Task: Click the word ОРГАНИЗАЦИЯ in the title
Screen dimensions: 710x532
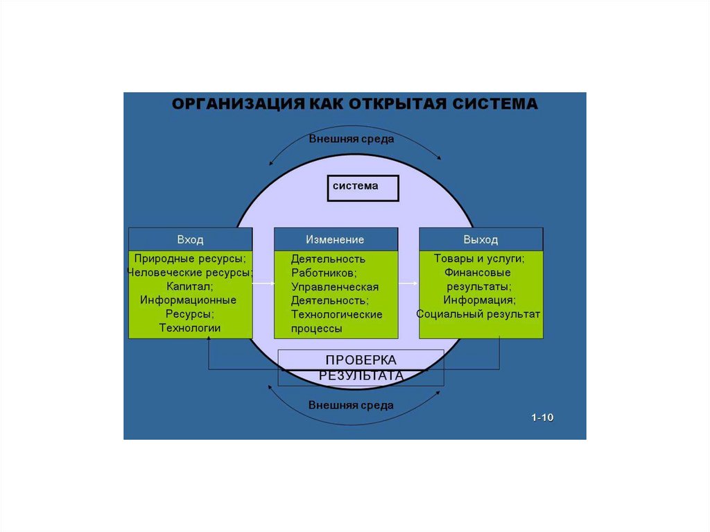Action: [236, 104]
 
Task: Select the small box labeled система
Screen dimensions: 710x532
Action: [363, 188]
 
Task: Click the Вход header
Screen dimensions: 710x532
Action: [190, 239]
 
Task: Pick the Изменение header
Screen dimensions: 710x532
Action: [336, 239]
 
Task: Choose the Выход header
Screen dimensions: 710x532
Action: [480, 239]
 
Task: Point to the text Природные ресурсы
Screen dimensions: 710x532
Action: [190, 259]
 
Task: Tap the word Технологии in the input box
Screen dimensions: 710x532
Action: [190, 328]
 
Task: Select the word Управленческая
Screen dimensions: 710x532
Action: [335, 287]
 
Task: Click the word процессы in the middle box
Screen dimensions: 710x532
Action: [316, 329]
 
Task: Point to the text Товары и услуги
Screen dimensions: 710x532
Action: [479, 259]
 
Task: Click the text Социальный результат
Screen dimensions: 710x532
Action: [478, 314]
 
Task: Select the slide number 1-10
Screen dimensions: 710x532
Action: [543, 418]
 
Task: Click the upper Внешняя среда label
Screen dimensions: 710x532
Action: [352, 139]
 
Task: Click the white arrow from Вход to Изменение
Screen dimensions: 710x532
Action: [263, 284]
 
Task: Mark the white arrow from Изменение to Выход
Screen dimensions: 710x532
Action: [408, 284]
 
